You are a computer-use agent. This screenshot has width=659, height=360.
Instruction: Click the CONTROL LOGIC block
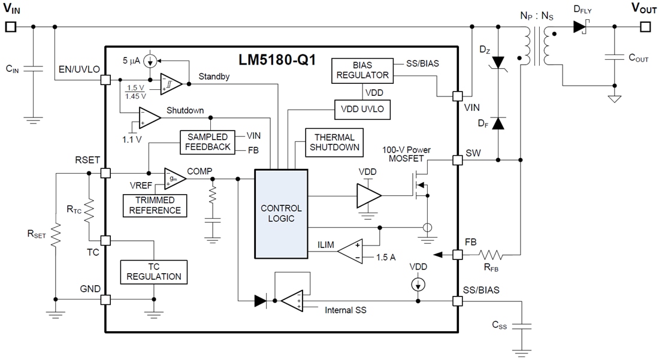pos(281,214)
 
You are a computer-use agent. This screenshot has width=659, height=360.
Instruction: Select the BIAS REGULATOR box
pos(362,69)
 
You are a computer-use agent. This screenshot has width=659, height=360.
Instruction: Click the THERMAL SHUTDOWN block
pos(334,143)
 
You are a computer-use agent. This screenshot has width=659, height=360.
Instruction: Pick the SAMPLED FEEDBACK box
pos(206,142)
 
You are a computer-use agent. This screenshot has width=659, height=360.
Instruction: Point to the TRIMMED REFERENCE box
pos(155,205)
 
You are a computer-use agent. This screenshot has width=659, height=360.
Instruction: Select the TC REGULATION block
pos(153,271)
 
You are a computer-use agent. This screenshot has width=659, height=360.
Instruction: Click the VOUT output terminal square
pos(645,27)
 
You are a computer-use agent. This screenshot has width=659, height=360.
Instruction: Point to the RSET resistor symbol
pos(55,235)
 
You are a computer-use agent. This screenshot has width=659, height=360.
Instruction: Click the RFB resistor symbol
pos(493,255)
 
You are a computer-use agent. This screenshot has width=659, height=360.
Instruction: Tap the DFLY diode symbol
pos(579,27)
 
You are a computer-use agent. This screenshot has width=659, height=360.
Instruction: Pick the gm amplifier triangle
pos(175,178)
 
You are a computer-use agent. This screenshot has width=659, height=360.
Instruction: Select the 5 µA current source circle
pos(152,60)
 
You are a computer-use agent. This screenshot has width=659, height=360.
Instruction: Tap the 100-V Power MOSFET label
pos(407,154)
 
